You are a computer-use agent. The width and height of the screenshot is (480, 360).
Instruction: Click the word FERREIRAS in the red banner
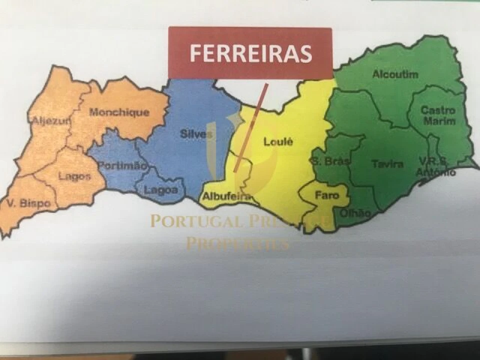pyautogui.click(x=250, y=53)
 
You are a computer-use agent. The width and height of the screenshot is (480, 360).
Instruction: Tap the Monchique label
pyautogui.click(x=119, y=112)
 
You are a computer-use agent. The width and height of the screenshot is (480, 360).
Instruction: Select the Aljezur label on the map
pyautogui.click(x=48, y=120)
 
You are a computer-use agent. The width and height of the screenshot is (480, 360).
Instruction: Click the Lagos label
pyautogui.click(x=74, y=176)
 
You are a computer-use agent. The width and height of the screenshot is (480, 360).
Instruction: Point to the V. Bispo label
pyautogui.click(x=28, y=203)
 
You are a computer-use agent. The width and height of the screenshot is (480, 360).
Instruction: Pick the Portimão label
pyautogui.click(x=122, y=165)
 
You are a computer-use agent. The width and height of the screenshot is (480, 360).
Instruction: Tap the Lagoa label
pyautogui.click(x=160, y=190)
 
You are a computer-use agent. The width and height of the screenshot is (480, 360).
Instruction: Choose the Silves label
pyautogui.click(x=196, y=134)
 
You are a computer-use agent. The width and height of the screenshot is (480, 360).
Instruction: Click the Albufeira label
pyautogui.click(x=226, y=196)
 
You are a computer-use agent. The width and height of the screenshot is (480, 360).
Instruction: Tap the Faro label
pyautogui.click(x=326, y=195)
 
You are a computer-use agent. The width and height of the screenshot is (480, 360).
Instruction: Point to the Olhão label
pyautogui.click(x=355, y=213)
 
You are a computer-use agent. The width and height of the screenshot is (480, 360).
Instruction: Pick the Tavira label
pyautogui.click(x=387, y=164)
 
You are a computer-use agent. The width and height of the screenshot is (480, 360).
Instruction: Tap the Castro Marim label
pyautogui.click(x=438, y=115)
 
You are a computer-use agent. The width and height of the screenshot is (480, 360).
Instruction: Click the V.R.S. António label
pyautogui.click(x=436, y=166)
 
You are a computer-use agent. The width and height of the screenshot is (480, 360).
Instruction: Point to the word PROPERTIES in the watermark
pyautogui.click(x=237, y=244)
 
